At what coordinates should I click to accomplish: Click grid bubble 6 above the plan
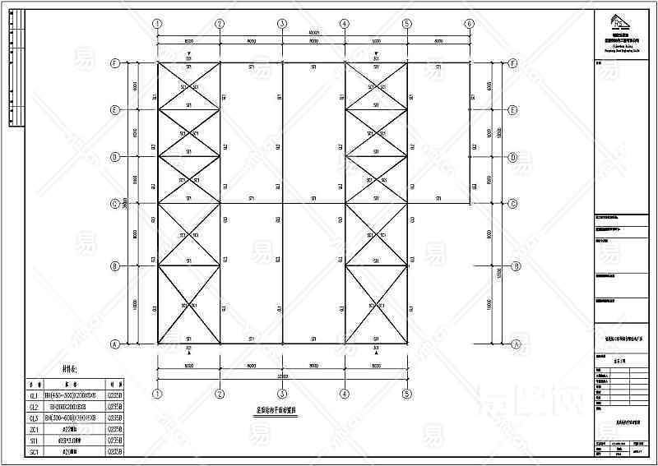[x=469, y=24]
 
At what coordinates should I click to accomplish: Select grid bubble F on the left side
[x=116, y=62]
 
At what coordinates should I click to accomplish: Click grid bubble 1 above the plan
[x=157, y=24]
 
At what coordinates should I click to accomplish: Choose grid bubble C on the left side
[x=116, y=203]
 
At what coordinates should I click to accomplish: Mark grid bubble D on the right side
[x=513, y=156]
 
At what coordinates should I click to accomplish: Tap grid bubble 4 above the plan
[x=344, y=24]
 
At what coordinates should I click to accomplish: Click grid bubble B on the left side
[x=116, y=265]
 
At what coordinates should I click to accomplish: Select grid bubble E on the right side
[x=513, y=109]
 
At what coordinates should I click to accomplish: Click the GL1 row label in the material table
[x=34, y=395]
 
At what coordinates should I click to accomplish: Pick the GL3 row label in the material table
[x=34, y=418]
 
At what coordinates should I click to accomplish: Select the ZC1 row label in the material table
[x=34, y=429]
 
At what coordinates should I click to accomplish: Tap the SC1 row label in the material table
[x=34, y=451]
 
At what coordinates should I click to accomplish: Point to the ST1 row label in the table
[x=34, y=440]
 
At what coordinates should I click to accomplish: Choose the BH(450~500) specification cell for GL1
[x=72, y=395]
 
